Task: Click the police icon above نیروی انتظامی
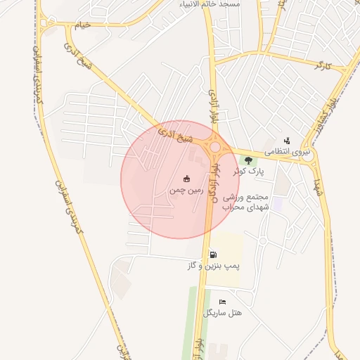tap(286, 141)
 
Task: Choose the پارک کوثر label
tap(248, 171)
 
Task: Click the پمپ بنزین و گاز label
tap(214, 266)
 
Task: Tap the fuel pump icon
tap(213, 255)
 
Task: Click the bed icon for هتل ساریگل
tap(222, 302)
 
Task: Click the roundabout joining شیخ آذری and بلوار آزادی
tap(214, 148)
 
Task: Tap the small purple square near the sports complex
tap(277, 203)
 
